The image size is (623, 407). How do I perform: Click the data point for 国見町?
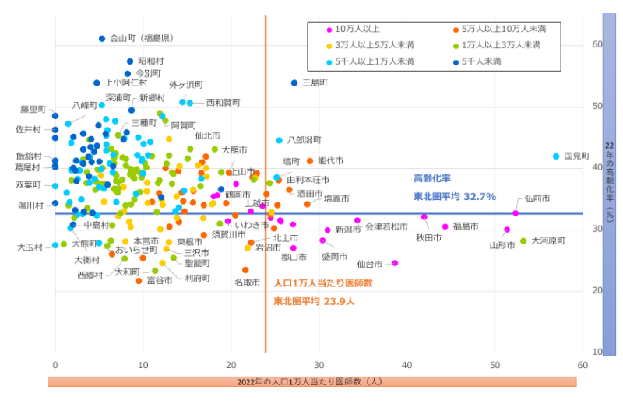point(556,156)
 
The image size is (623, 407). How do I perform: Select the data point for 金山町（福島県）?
point(102,38)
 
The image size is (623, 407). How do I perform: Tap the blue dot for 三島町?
point(294,82)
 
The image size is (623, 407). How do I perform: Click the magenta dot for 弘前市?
point(516,213)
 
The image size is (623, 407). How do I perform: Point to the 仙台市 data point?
point(395,263)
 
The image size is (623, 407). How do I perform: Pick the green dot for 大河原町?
point(523,241)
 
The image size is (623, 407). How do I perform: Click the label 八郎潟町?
point(304,140)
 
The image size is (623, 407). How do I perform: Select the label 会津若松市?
point(386,227)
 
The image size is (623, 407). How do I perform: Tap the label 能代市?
point(330,161)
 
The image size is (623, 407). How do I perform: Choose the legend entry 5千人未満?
point(481,61)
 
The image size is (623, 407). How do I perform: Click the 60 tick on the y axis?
point(597,45)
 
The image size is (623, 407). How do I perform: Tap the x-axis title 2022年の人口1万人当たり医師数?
point(311,381)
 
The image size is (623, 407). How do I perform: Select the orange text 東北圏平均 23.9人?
point(313,301)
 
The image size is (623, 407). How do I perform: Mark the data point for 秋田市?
point(424,217)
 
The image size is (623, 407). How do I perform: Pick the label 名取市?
point(247,282)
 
